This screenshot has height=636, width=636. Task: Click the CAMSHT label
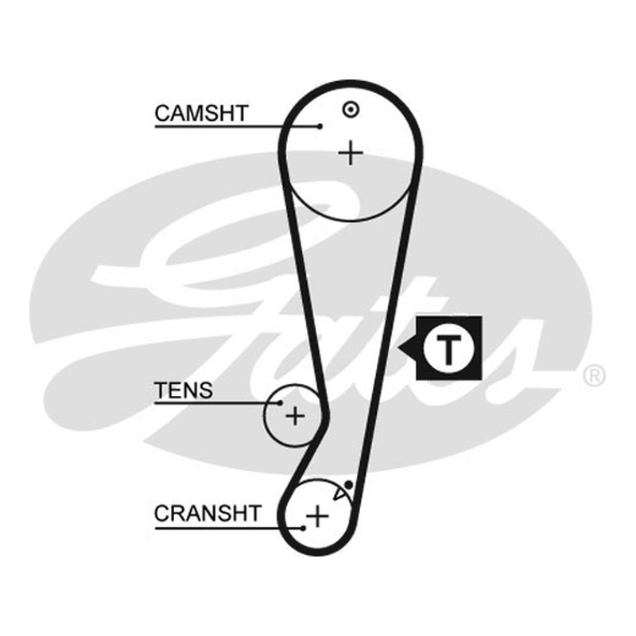pyautogui.click(x=201, y=113)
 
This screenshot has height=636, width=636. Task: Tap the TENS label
pyautogui.click(x=184, y=390)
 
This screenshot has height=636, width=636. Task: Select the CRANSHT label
pyautogui.click(x=207, y=514)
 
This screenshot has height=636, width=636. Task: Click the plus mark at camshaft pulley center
pyautogui.click(x=351, y=153)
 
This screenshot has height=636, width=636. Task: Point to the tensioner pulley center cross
pyautogui.click(x=295, y=416)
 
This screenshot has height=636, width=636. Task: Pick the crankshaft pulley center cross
pyautogui.click(x=317, y=516)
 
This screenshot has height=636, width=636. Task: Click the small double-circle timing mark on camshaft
pyautogui.click(x=351, y=110)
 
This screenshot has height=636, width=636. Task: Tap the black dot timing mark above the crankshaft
pyautogui.click(x=348, y=485)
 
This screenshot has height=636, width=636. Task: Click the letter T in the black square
pyautogui.click(x=448, y=348)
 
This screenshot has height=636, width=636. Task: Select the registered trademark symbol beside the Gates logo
pyautogui.click(x=594, y=375)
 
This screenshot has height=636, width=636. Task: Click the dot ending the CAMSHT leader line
pyautogui.click(x=320, y=126)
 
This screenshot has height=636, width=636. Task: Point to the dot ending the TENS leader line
pyautogui.click(x=281, y=403)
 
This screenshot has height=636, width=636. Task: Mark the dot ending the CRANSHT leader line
pyautogui.click(x=304, y=528)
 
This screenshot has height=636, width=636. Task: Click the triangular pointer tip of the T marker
pyautogui.click(x=398, y=347)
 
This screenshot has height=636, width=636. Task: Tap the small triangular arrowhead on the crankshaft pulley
pyautogui.click(x=339, y=493)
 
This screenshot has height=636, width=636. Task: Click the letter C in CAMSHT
pyautogui.click(x=162, y=113)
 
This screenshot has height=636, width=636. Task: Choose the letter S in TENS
pyautogui.click(x=206, y=390)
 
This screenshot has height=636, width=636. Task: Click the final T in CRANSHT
pyautogui.click(x=254, y=514)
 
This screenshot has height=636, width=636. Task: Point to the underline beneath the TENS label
pyautogui.click(x=217, y=403)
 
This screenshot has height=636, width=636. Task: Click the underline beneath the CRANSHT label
pyautogui.click(x=229, y=528)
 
